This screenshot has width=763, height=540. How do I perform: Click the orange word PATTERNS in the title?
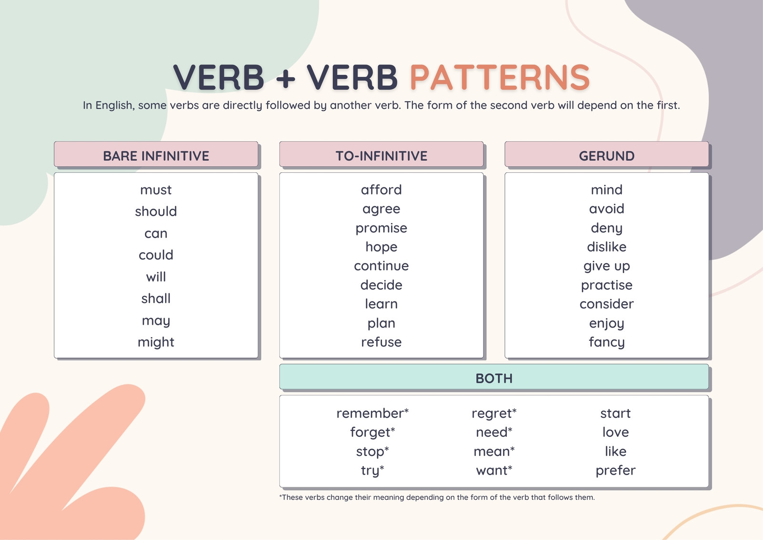500,77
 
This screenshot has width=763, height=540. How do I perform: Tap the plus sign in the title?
286,78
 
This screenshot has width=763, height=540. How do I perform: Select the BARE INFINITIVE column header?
156,156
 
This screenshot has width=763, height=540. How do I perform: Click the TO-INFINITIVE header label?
381,156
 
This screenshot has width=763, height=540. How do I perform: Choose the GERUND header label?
607,156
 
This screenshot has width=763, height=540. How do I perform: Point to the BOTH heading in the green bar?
494,378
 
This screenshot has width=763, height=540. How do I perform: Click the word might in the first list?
156,342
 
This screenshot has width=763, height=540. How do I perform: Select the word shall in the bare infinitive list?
156,298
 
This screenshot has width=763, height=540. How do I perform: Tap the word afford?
381,190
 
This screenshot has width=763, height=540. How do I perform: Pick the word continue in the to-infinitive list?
381,266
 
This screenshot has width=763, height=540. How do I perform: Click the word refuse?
381,342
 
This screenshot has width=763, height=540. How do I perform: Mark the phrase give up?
607,266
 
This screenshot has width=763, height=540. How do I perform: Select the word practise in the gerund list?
607,285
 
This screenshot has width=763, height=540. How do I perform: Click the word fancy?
607,342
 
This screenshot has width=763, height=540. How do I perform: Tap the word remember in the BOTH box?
370,413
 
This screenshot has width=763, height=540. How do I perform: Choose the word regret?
492,413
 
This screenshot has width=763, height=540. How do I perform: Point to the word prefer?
616,470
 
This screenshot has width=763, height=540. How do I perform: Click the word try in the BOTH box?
370,470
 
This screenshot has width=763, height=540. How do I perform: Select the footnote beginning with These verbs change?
437,498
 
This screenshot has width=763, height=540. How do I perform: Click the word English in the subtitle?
113,106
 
